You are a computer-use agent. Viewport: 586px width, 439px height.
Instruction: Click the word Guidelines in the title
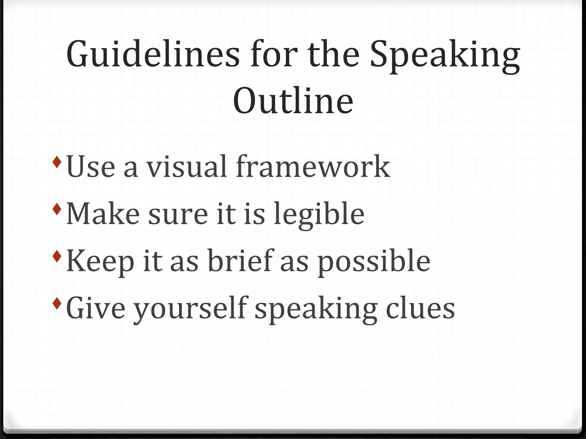coord(153,54)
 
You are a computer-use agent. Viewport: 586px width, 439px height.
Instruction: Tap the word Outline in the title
coord(293,101)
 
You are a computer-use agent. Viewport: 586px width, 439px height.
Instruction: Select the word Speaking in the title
coord(445,56)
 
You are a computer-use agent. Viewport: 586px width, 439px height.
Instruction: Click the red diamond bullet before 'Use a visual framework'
coord(57,162)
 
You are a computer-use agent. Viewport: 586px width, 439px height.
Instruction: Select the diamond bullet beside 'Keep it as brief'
coord(57,256)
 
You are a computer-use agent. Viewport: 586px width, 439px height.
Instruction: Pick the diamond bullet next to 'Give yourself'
coord(57,303)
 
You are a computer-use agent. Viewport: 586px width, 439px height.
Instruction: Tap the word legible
coord(319,214)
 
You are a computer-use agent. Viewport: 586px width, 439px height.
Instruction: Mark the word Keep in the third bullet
coord(100,262)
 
